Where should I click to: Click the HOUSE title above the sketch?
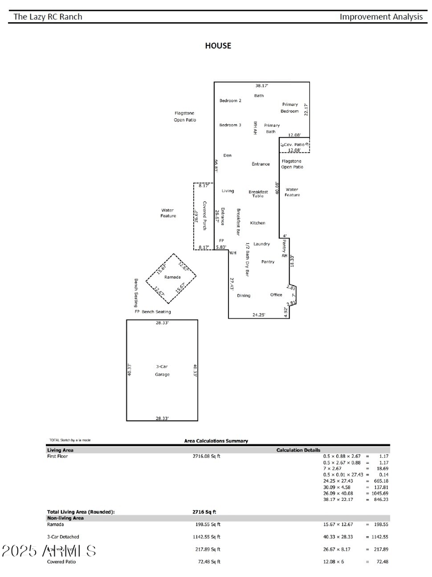218,46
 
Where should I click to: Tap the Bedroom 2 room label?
230,101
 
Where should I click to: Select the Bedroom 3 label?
230,125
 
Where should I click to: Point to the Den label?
227,155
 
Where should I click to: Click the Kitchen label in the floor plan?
258,223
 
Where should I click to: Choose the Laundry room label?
261,244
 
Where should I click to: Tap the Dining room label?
244,295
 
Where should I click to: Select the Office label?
276,295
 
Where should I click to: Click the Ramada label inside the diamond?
172,277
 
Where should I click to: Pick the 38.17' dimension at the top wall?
262,86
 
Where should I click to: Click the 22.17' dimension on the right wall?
306,109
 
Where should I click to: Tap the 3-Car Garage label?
162,370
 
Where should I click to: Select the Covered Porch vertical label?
205,216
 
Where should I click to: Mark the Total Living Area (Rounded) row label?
81,512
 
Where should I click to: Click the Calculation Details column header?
298,450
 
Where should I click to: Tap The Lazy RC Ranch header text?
48,17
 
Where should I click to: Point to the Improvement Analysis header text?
381,17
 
